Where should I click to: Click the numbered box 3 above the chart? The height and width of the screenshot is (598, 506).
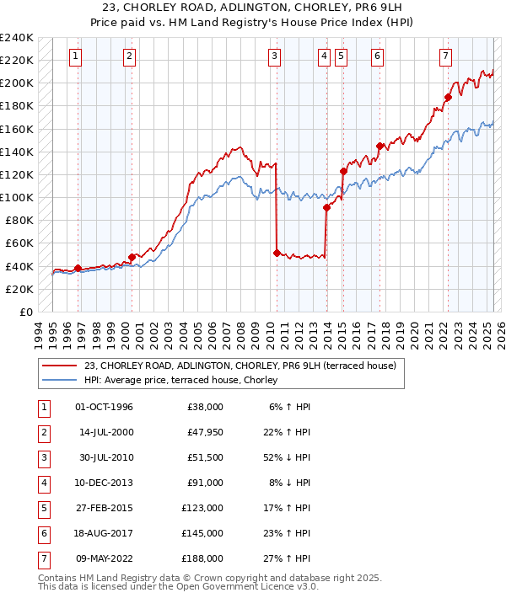[x=275, y=56]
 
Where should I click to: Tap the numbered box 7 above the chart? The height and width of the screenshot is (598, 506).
[x=444, y=56]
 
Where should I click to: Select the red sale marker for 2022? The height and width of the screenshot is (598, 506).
[x=448, y=97]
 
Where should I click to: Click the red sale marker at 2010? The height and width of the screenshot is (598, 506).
[x=277, y=253]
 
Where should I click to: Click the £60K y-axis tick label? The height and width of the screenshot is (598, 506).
[x=19, y=243]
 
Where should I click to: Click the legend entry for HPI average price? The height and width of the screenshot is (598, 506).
[x=186, y=380]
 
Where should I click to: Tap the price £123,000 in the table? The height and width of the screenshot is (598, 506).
[x=202, y=508]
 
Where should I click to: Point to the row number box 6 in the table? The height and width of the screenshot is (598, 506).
[x=42, y=532]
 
